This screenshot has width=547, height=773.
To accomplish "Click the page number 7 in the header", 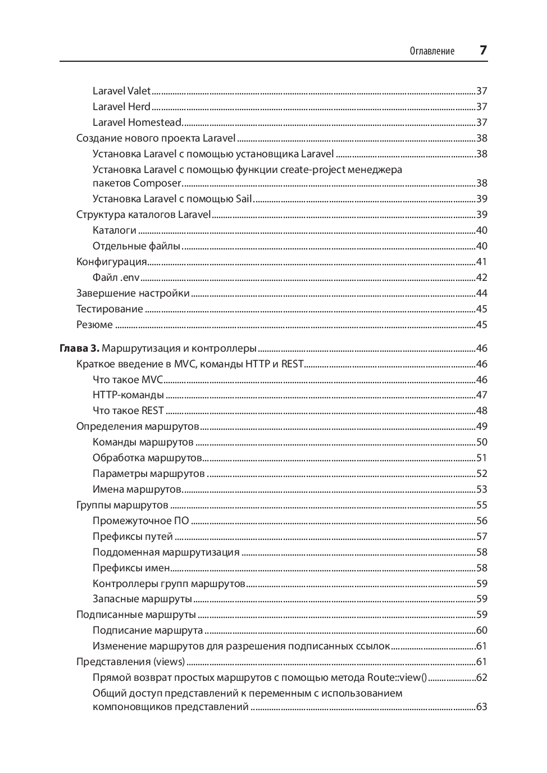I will click(x=483, y=50).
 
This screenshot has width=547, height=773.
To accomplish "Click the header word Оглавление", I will click(x=432, y=51).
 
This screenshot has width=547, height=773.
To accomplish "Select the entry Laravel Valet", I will click(x=121, y=91).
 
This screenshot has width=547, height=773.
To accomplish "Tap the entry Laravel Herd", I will click(x=121, y=107).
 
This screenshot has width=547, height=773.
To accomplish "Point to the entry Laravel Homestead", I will click(x=137, y=122).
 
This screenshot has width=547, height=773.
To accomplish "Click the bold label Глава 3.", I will click(x=79, y=348).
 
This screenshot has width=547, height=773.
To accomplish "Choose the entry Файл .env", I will click(x=116, y=278).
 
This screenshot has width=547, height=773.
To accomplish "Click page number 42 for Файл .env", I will click(x=481, y=278).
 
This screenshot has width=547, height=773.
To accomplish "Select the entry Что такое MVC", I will click(x=127, y=380).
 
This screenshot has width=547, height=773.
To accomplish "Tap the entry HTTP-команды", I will click(x=128, y=395).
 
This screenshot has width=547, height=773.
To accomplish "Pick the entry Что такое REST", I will click(x=128, y=411).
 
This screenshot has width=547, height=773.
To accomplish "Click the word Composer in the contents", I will click(x=157, y=183).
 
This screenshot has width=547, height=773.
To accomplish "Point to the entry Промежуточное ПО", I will click(x=140, y=521).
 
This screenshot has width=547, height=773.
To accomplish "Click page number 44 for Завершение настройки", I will click(x=481, y=293).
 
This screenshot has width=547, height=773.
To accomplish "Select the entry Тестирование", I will click(x=110, y=309).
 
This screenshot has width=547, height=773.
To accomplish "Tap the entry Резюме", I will click(x=94, y=325).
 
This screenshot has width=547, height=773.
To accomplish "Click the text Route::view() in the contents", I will click(x=397, y=677).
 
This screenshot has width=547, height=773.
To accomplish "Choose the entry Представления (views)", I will click(x=130, y=662).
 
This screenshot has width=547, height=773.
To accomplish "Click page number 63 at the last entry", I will click(x=481, y=707).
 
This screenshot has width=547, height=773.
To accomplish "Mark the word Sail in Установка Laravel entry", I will click(x=244, y=199).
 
